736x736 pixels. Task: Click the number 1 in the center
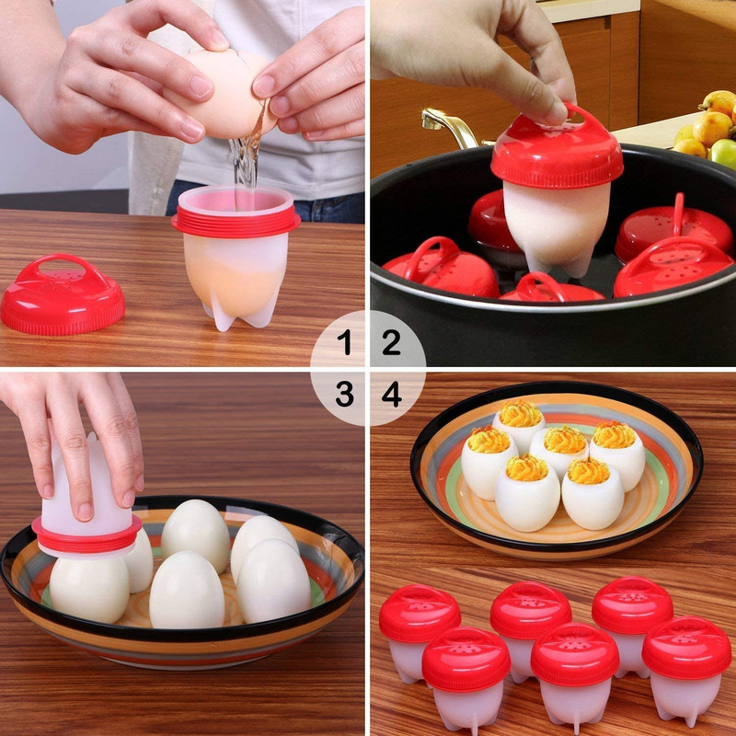pyautogui.click(x=344, y=343)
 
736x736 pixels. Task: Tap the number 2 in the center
pyautogui.click(x=392, y=343)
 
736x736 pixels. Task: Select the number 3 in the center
pyautogui.click(x=344, y=395)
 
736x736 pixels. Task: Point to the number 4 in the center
pyautogui.click(x=392, y=395)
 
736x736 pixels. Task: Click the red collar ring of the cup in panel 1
pyautogui.click(x=236, y=221)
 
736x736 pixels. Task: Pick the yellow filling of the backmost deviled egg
pyautogui.click(x=521, y=413)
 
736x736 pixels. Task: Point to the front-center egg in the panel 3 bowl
pyautogui.click(x=186, y=589)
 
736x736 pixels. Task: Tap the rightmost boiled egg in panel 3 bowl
pyautogui.click(x=273, y=580)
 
